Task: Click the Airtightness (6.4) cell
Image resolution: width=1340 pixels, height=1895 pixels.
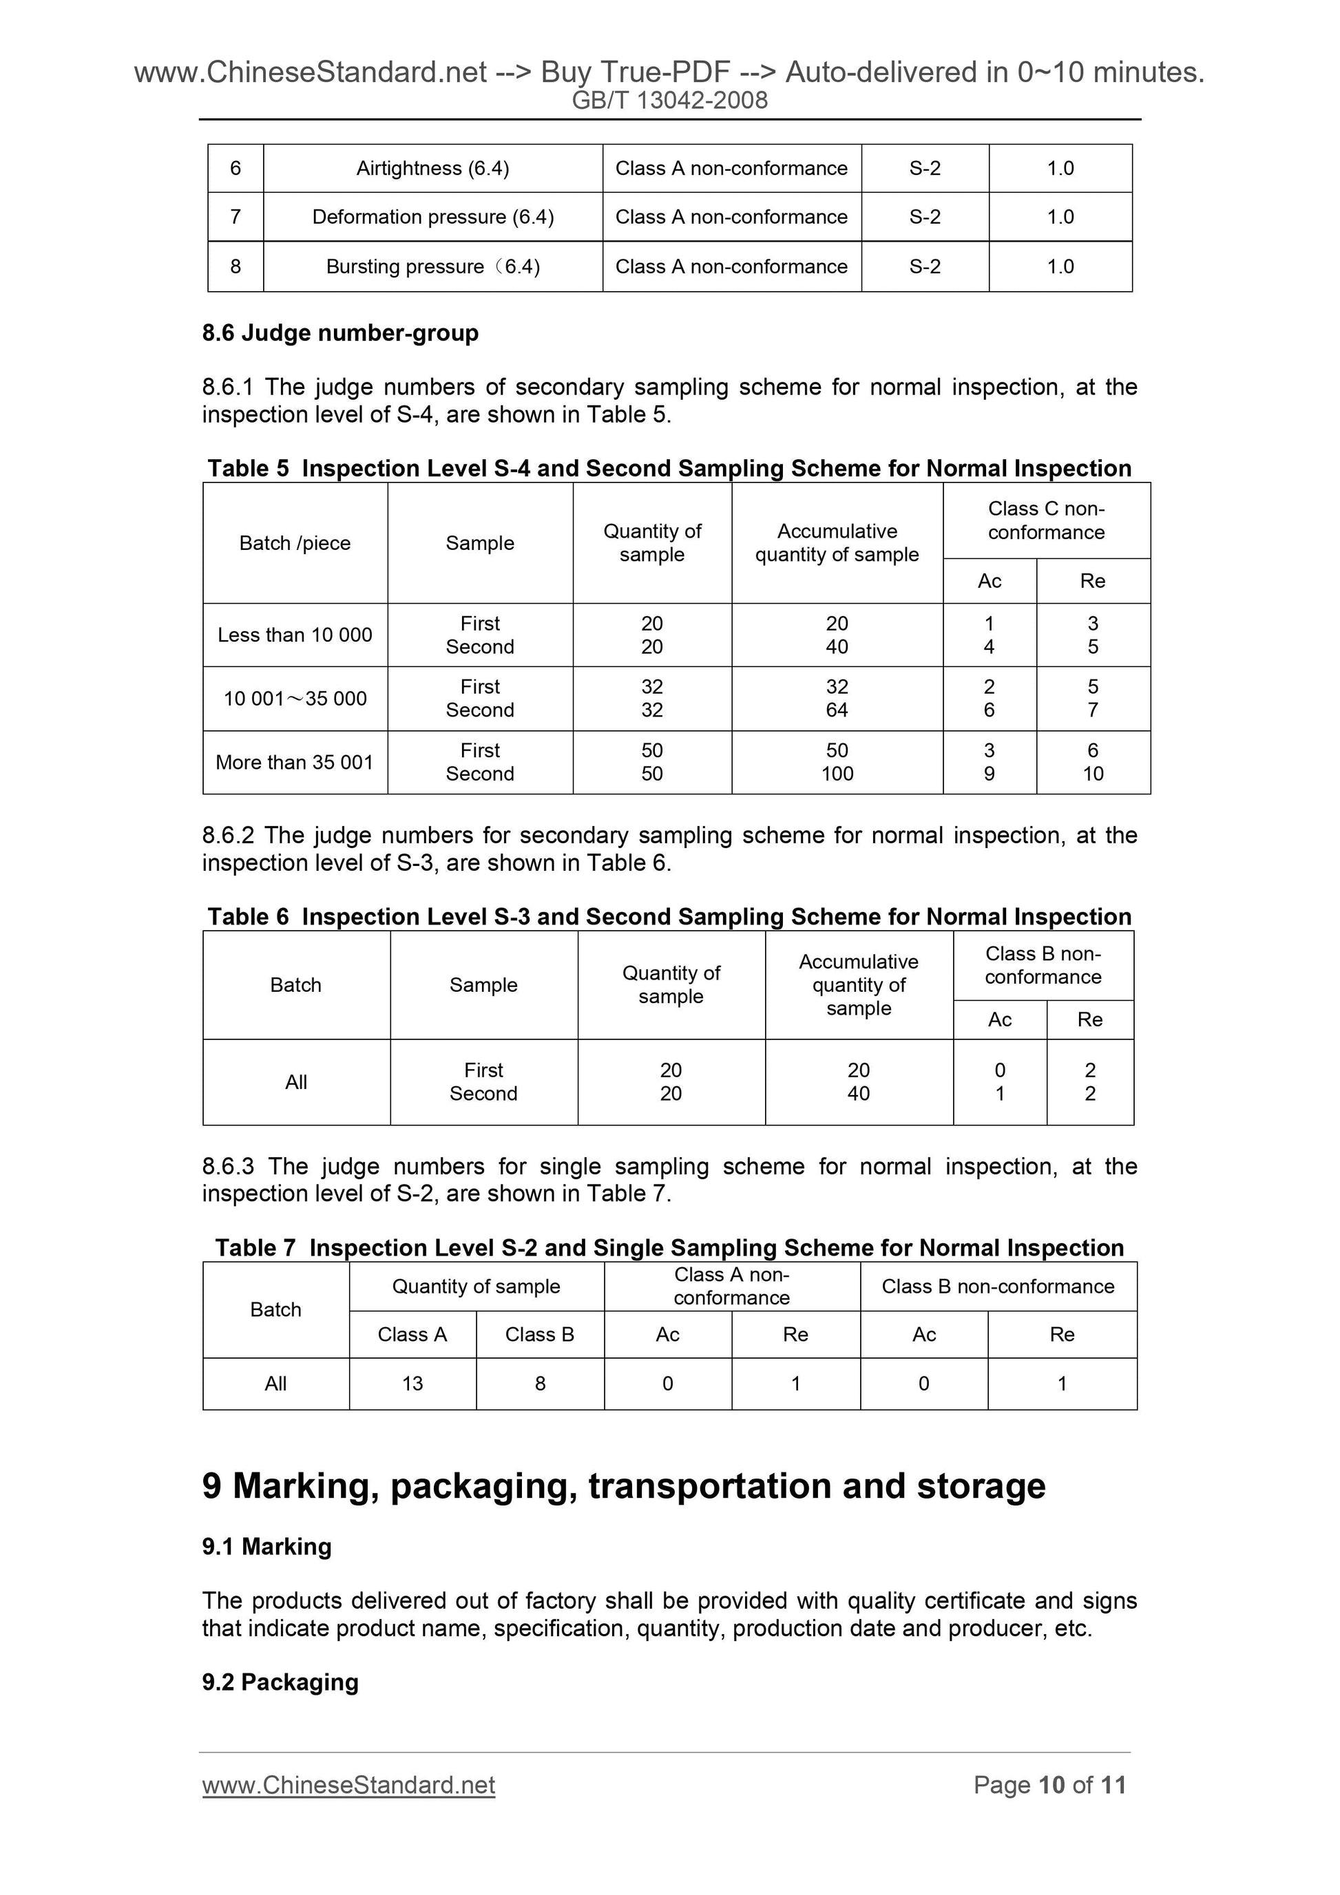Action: coord(432,169)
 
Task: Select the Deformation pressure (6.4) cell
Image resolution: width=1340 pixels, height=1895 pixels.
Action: coord(432,217)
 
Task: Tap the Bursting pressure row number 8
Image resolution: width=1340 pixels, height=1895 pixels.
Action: coord(235,266)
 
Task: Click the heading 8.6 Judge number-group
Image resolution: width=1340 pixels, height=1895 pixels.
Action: coord(340,333)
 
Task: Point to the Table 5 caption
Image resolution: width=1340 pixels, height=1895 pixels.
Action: coord(669,469)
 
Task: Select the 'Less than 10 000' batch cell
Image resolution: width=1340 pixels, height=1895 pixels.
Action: coord(295,635)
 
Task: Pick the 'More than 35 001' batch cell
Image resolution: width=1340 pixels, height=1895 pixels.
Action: coord(295,763)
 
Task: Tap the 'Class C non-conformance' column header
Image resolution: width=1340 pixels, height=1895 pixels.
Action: coord(1045,521)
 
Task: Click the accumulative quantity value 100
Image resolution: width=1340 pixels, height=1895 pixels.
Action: coord(837,774)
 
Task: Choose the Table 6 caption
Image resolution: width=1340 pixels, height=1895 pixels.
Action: coord(669,917)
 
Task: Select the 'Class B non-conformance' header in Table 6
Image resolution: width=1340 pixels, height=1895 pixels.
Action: coord(1043,966)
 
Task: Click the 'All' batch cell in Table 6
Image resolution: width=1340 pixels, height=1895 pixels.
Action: coord(295,1082)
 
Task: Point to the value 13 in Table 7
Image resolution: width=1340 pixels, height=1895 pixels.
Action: coord(412,1384)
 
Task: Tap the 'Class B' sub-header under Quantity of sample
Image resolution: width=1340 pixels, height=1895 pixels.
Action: coord(539,1335)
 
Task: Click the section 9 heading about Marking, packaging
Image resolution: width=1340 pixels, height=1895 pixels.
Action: coord(623,1486)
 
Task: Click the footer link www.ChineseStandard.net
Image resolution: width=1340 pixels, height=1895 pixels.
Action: coord(348,1786)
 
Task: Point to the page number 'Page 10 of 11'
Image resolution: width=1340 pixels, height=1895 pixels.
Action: coord(1049,1786)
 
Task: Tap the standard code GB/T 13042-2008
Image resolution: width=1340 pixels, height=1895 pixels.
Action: coord(669,100)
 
